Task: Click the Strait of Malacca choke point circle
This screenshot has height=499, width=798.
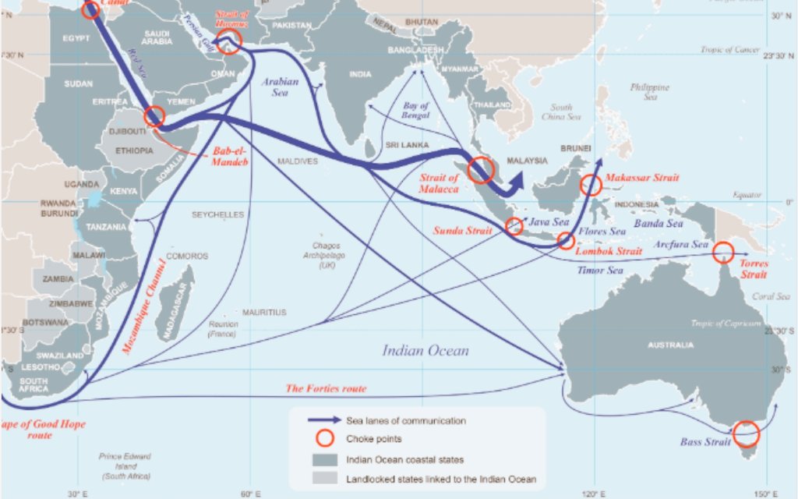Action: (481, 169)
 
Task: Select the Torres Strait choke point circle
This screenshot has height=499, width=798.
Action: (723, 251)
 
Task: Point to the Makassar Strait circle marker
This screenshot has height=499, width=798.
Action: (591, 186)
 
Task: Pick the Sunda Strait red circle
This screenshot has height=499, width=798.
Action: (514, 226)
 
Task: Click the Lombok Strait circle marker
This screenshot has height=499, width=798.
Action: (567, 241)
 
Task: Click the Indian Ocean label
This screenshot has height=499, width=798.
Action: (425, 351)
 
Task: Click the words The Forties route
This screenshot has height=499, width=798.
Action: (326, 388)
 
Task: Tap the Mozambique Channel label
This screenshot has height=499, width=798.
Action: (143, 306)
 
